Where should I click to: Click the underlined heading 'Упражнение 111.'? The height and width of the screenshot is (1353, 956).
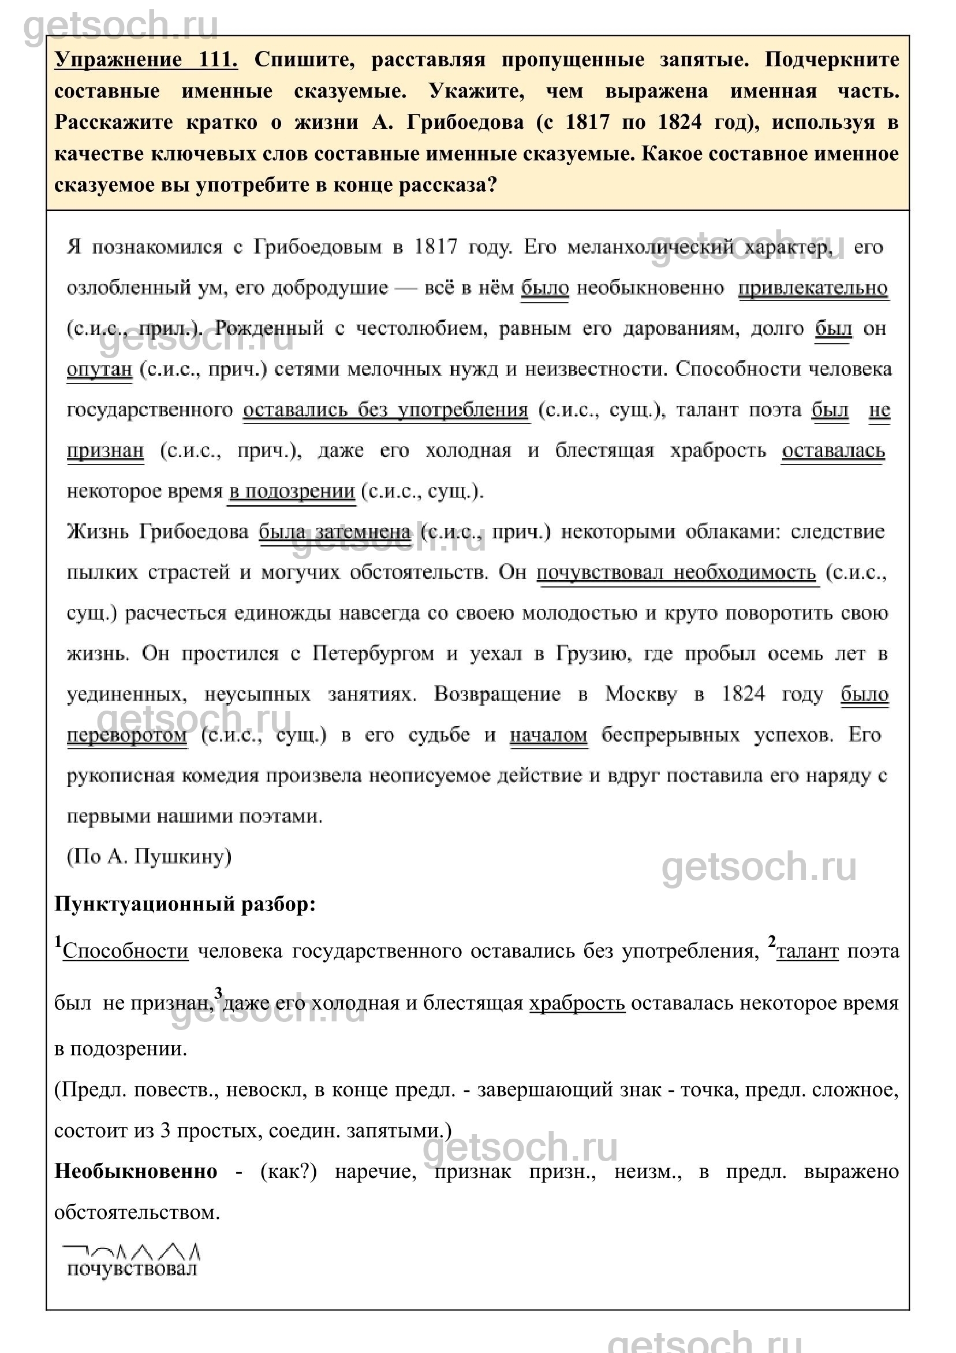pyautogui.click(x=146, y=60)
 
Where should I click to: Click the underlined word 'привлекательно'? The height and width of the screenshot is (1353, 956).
pyautogui.click(x=813, y=288)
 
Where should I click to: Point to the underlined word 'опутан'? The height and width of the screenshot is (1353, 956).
pyautogui.click(x=99, y=370)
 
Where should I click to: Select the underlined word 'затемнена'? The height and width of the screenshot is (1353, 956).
pyautogui.click(x=363, y=531)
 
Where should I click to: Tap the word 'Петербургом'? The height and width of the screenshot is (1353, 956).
pyautogui.click(x=373, y=653)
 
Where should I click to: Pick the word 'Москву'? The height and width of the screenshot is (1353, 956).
pyautogui.click(x=641, y=694)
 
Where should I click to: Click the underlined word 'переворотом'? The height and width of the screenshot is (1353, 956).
pyautogui.click(x=126, y=735)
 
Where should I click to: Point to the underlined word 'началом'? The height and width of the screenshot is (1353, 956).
pyautogui.click(x=548, y=735)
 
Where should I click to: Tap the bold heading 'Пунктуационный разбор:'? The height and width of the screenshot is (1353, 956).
pyautogui.click(x=185, y=904)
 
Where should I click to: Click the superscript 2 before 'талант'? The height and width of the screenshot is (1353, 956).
pyautogui.click(x=772, y=941)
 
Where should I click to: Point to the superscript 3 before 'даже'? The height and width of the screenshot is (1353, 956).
pyautogui.click(x=218, y=993)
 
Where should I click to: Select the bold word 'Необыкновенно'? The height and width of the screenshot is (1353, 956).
pyautogui.click(x=136, y=1172)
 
